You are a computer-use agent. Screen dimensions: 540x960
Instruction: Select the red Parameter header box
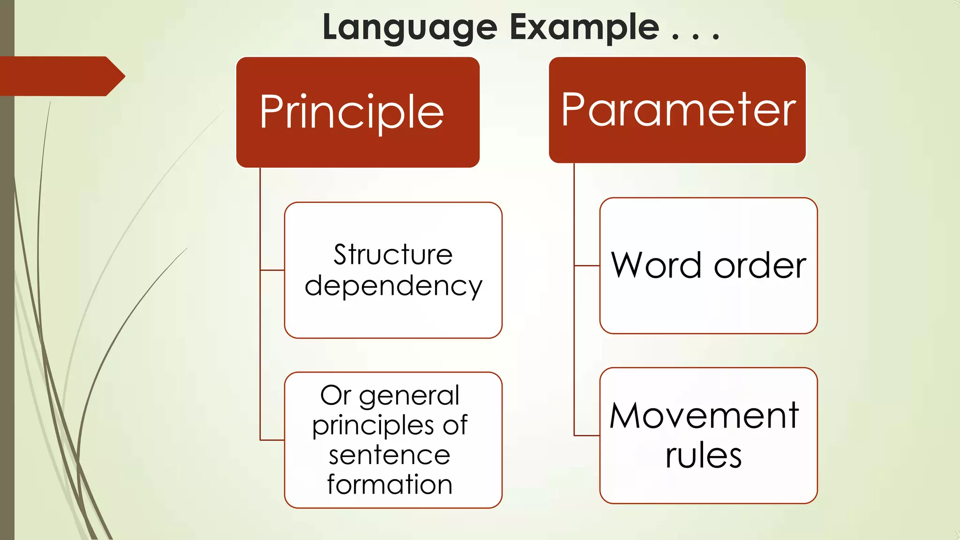click(x=677, y=110)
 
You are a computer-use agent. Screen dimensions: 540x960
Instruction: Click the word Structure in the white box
click(x=393, y=255)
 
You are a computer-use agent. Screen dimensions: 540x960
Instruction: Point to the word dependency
click(x=393, y=286)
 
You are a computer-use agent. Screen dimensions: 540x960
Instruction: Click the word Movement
click(x=704, y=416)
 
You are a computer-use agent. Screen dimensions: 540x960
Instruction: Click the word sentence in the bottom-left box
click(x=389, y=455)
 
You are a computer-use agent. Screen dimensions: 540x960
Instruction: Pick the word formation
click(x=390, y=484)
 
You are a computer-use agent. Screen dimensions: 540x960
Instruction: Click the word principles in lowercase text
click(x=373, y=426)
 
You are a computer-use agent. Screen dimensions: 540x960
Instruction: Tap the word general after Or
click(x=409, y=396)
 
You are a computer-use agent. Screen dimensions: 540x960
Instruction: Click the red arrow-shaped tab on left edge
click(x=61, y=76)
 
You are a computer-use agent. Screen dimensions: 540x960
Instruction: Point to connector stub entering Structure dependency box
click(x=272, y=270)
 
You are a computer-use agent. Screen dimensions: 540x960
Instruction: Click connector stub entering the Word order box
click(x=587, y=266)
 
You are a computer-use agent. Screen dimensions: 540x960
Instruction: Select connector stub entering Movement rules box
click(x=587, y=435)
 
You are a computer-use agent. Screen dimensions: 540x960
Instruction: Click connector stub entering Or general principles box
click(x=272, y=440)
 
